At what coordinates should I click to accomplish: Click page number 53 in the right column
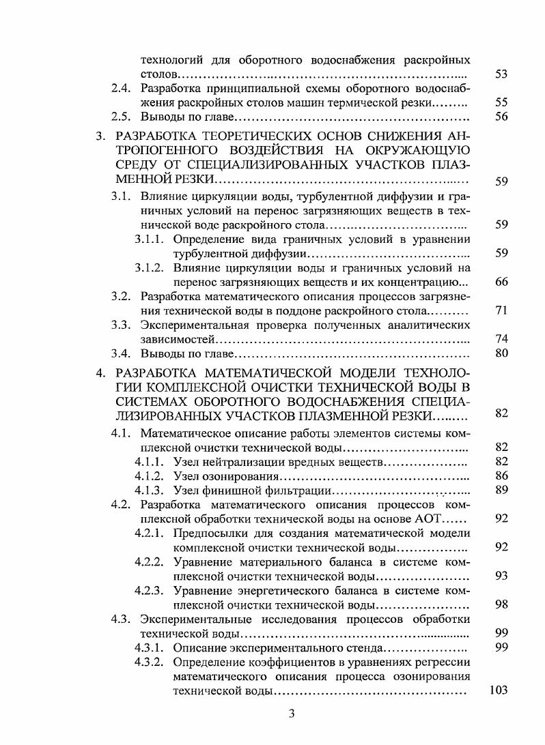501,74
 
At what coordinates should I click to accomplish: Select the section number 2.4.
121,89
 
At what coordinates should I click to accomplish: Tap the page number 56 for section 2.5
501,117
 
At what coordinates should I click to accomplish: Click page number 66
501,281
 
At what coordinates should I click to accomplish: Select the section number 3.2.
121,296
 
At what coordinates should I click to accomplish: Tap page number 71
501,310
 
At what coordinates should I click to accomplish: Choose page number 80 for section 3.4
501,353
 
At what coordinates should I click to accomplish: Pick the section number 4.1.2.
150,476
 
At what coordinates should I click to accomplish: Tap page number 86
501,476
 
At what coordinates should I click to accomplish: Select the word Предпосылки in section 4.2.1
207,533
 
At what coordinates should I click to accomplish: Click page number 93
501,576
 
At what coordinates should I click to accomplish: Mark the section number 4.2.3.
150,591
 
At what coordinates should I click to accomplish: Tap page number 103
499,690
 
